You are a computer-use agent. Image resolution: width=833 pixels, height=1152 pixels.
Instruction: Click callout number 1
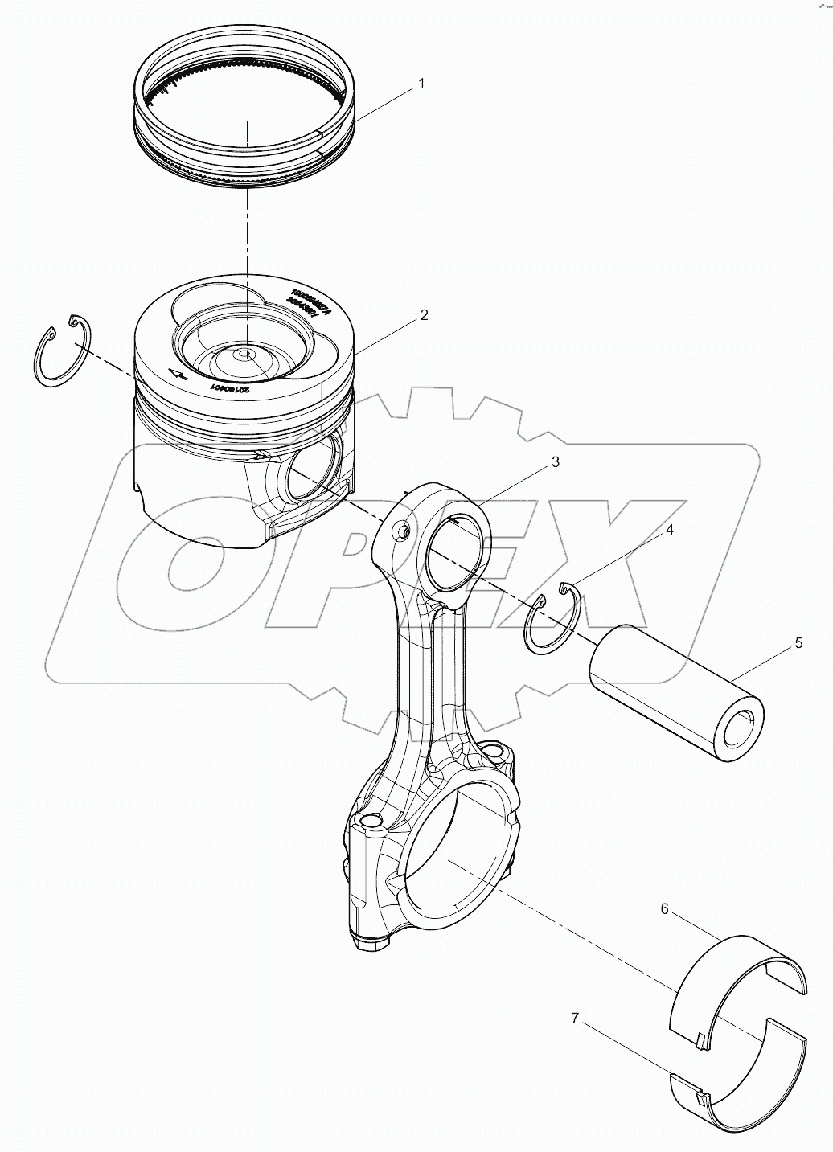tap(420, 84)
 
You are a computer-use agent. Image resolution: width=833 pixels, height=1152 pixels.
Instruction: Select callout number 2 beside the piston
tap(424, 315)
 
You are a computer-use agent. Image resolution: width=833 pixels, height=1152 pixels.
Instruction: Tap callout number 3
tap(554, 462)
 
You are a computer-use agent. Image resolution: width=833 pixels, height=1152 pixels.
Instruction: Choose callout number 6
tap(664, 909)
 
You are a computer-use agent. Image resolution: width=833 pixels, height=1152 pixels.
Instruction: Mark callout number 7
tap(575, 1019)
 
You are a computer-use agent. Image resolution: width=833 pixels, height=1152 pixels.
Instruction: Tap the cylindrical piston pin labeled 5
tap(675, 695)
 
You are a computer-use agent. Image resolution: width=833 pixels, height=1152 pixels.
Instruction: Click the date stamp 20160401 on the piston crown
tap(229, 387)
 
